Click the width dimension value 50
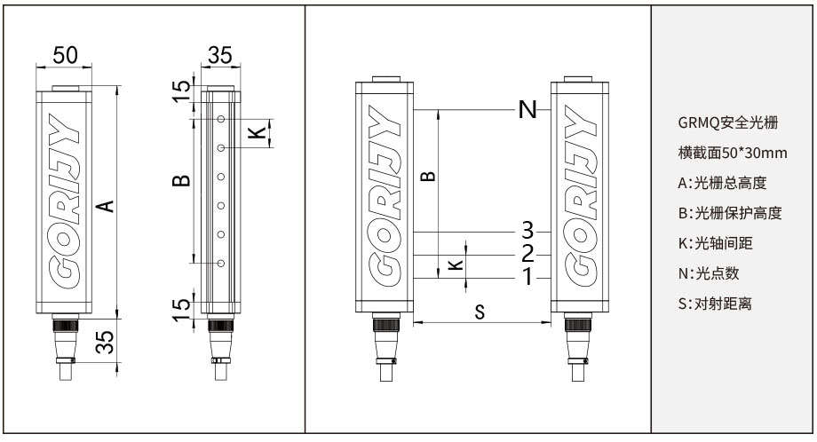point(64,55)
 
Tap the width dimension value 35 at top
point(219,55)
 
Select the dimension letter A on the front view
point(105,205)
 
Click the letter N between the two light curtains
point(527,110)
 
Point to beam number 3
point(527,230)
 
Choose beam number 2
point(527,254)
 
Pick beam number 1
point(527,277)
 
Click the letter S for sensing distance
point(479,312)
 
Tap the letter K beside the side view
point(255,132)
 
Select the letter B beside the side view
point(180,181)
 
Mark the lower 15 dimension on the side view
point(181,307)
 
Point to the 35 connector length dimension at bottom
point(105,342)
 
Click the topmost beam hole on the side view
point(219,118)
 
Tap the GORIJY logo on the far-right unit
point(581,197)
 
